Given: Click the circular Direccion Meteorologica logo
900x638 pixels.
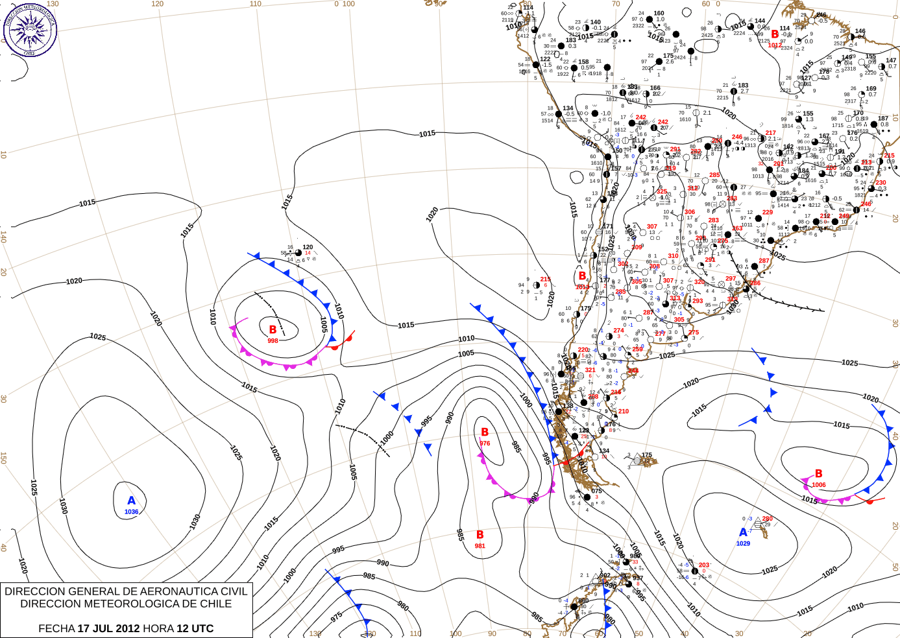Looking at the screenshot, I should coord(30,29).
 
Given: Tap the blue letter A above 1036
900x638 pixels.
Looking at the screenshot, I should coord(132,501).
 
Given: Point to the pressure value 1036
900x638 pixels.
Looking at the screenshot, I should coord(132,512).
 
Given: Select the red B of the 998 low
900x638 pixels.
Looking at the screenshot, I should coord(273,330).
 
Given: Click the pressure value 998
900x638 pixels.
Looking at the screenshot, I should coord(273,341).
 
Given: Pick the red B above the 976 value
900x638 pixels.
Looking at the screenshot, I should coord(485,432).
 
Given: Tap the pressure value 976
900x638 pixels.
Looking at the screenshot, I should coord(485,443).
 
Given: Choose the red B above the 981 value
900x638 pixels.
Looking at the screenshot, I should coord(480,535).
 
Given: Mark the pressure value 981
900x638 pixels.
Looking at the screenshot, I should coord(480,546).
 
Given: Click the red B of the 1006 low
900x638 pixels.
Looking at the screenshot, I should coord(819,474).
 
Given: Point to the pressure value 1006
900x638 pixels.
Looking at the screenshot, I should coord(819,485).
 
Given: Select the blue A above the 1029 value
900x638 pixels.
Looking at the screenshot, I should coord(743,532).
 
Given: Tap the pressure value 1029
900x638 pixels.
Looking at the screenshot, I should coord(743,544).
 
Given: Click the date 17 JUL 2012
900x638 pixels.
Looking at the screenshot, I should coord(108,628).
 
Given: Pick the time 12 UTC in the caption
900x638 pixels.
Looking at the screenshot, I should coord(195,628).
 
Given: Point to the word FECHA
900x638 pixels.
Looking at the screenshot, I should coord(56,628).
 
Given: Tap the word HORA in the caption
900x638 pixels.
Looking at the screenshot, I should coord(158,628).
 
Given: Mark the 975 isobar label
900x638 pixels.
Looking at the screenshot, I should coord(336,617).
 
